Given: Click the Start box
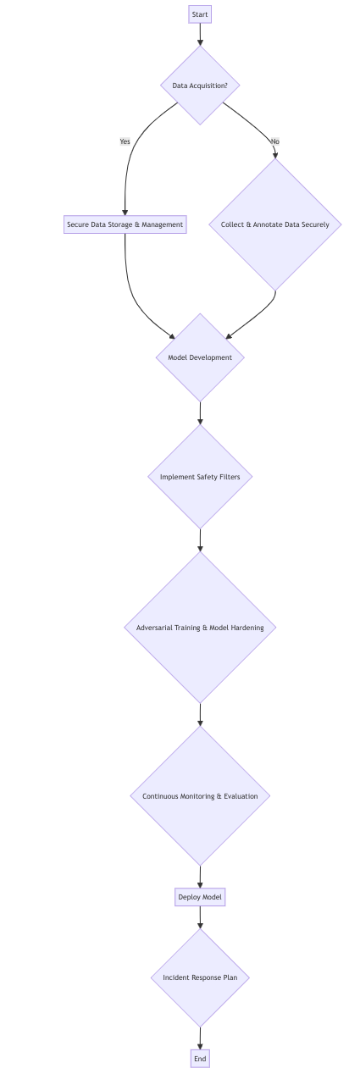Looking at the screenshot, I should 200,14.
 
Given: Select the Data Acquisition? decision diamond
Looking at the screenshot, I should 200,86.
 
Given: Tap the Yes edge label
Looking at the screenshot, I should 125,141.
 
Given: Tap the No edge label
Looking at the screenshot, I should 274,141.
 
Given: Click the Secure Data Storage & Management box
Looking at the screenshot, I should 125,224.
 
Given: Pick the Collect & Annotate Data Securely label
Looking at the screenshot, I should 274,224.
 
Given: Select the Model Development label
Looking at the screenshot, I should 200,357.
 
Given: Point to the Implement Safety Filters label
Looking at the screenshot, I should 200,477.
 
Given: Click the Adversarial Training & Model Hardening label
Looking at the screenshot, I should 200,628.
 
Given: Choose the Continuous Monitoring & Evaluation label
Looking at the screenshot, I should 200,796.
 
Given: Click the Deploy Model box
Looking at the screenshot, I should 200,897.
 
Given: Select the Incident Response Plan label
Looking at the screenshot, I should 200,977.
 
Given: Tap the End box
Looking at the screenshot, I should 200,1059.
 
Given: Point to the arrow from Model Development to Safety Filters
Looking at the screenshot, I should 200,412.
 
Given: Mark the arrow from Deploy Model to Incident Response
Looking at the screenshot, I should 200,917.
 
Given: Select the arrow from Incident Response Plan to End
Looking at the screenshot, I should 200,1038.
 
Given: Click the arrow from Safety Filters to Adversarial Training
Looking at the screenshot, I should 200,540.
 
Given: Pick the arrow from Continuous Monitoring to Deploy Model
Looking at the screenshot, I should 200,877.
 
